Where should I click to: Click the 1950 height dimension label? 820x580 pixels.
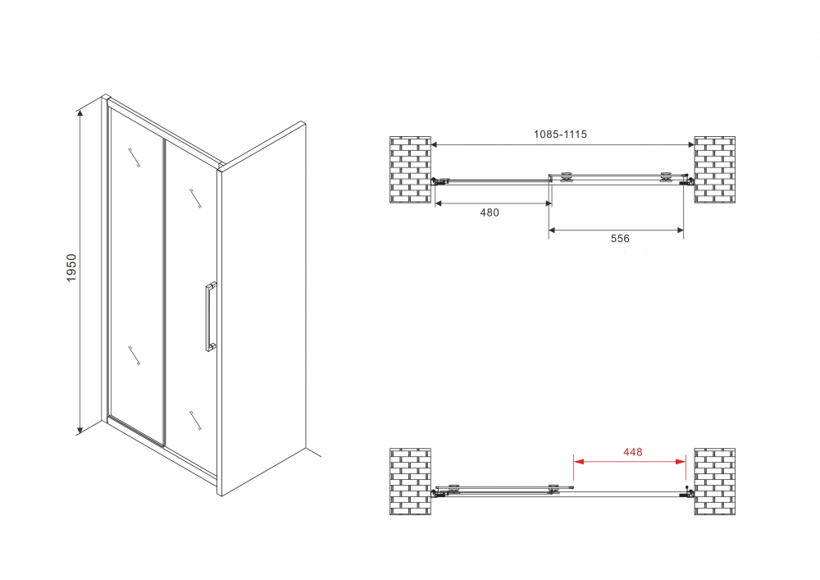pos(71,267)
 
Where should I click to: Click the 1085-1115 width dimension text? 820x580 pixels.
pos(560,135)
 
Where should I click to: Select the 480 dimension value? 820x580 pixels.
pos(490,212)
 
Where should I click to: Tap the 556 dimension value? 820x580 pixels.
pos(620,239)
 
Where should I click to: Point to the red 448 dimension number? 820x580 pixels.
pos(632,452)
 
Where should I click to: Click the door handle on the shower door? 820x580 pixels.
pos(210,317)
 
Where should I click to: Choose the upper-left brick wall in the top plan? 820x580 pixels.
pos(410,170)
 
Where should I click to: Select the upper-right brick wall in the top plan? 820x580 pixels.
pos(714,170)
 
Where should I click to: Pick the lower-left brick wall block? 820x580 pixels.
pos(410,482)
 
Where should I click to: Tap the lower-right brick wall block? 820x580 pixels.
pos(714,482)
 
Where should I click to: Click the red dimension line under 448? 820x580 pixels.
pos(630,461)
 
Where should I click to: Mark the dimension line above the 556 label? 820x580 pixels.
pos(616,230)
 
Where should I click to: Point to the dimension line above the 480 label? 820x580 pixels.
pos(493,203)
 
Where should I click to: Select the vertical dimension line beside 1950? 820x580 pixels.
pos(80,272)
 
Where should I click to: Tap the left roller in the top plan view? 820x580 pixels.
pos(566,178)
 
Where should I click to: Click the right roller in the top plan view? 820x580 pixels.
pos(665,178)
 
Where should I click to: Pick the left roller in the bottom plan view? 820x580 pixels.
pos(454,488)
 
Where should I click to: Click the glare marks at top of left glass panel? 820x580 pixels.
pos(134,158)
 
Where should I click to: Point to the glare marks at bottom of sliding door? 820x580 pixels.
pos(195,421)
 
